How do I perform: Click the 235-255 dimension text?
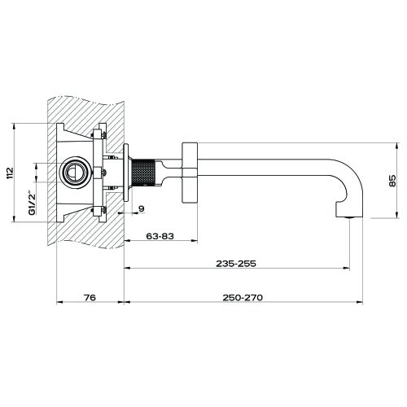(236, 264)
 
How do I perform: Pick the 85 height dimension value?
(393, 181)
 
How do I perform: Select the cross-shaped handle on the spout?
(190, 172)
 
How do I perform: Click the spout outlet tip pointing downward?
(347, 213)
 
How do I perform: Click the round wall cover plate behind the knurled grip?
(127, 172)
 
